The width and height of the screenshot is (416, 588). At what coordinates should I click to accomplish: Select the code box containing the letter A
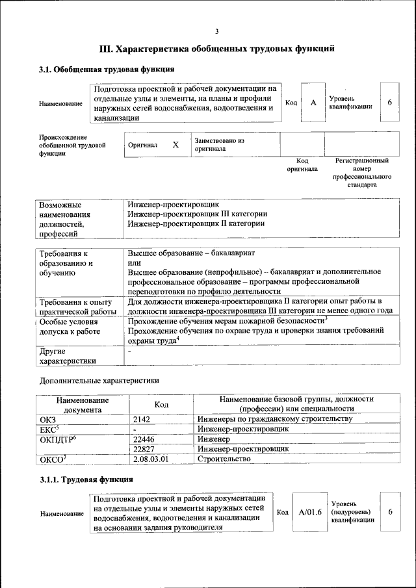tap(313, 103)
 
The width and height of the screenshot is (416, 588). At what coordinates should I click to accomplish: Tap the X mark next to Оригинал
tap(175, 145)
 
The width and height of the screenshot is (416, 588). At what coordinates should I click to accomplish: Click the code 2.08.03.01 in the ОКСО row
tap(150, 459)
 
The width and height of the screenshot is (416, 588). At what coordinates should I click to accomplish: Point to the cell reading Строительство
tap(224, 459)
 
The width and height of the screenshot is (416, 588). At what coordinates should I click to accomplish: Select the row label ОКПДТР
tap(58, 440)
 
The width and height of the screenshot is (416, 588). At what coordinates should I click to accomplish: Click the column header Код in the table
tap(162, 404)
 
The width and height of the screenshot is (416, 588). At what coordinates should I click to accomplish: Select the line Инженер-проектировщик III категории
tap(198, 213)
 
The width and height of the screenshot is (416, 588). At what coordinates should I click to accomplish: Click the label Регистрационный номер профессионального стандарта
tap(362, 172)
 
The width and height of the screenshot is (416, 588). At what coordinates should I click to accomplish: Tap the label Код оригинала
tap(302, 164)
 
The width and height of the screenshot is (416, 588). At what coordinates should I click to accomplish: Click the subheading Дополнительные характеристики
tap(99, 380)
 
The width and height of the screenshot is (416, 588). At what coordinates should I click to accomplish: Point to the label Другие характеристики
tap(68, 356)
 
